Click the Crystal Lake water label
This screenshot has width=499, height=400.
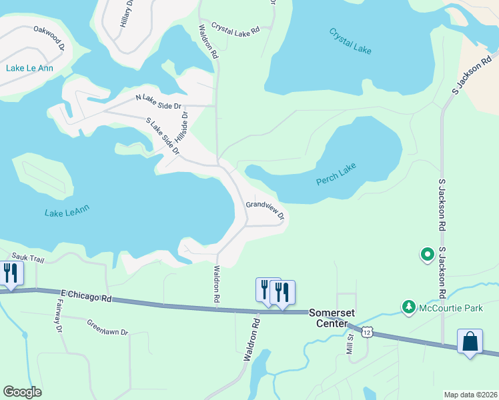coord(350,41)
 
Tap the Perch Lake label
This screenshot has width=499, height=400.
coord(336,174)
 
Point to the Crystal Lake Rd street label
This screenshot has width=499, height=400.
coord(235,29)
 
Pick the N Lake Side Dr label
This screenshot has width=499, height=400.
coord(158,102)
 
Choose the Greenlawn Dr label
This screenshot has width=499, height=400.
coord(107,327)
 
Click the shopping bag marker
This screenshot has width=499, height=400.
coord(470,341)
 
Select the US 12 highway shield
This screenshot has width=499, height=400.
coord(366,331)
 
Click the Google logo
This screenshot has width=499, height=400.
coord(22,392)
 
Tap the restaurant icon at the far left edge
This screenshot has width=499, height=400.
coord(10,273)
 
